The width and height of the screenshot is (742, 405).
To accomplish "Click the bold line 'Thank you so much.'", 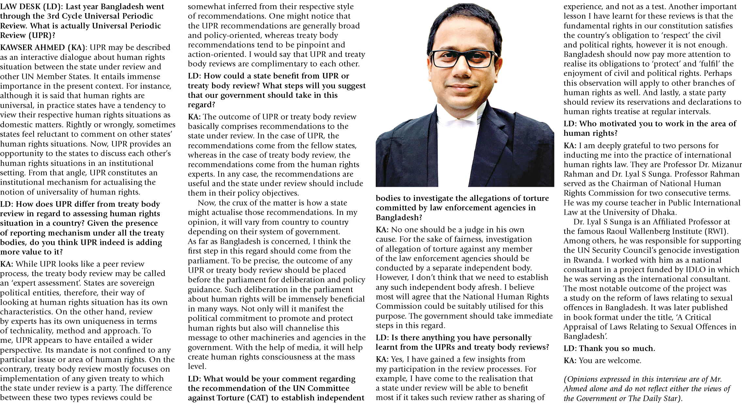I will (x=609, y=348).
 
